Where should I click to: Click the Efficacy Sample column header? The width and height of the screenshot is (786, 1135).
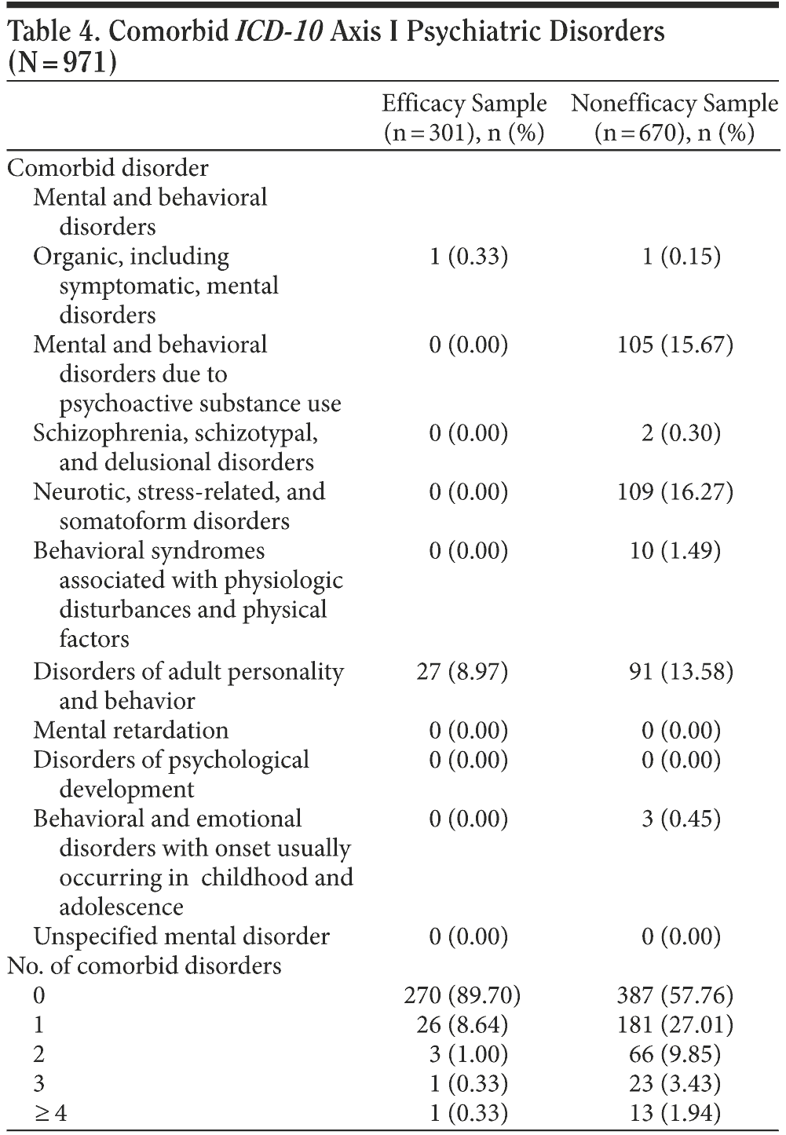point(464,118)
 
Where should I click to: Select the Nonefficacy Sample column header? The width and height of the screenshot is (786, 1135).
point(674,118)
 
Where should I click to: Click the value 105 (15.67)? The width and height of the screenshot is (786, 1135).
point(675,345)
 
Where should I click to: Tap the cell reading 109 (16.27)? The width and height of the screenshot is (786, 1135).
point(675,492)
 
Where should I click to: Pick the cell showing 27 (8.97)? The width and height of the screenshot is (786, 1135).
point(462,672)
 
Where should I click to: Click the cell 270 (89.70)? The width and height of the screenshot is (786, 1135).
point(462,996)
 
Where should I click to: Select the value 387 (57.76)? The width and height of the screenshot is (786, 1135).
point(675,996)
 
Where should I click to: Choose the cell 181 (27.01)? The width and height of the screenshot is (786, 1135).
point(675,1025)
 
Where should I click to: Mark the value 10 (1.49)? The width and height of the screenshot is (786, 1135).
point(681,551)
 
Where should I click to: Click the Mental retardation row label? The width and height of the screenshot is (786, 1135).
point(130,731)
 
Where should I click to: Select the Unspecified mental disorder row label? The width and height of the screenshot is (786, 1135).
point(181,936)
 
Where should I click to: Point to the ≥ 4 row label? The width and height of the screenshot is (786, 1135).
point(50,1113)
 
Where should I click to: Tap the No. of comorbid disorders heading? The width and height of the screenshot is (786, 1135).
point(144,966)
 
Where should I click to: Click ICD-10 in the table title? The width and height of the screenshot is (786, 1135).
point(280,32)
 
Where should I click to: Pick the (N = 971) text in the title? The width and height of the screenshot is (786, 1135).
point(60,63)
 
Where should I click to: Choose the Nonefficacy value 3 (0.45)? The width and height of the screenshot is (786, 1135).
point(681,819)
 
